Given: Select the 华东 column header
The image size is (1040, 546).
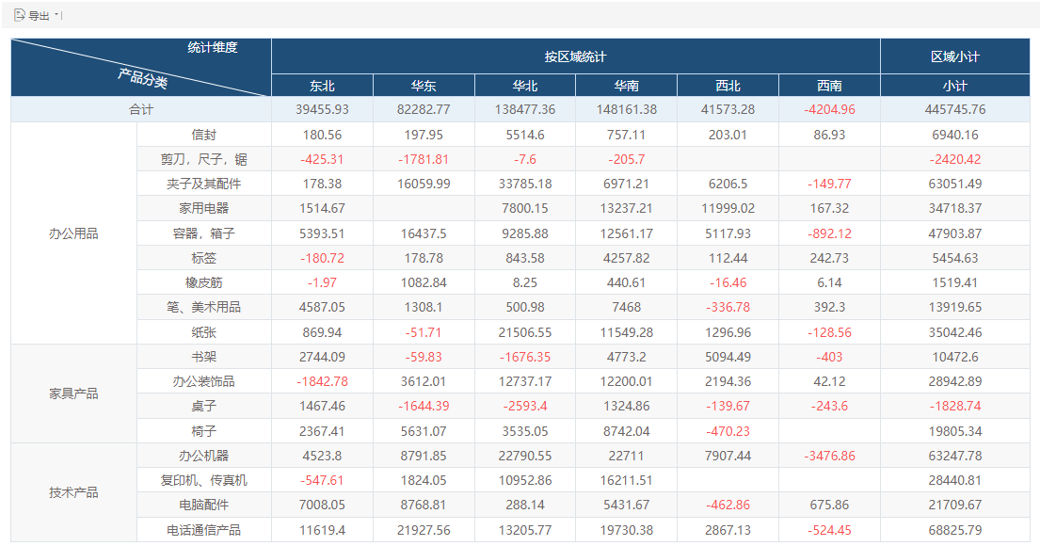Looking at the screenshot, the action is pos(424,86).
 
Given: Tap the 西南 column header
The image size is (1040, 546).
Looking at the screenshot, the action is pos(829,86).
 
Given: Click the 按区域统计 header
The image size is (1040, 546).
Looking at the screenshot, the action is pos(575,57).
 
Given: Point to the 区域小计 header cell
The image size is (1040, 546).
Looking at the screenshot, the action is pos(954,57).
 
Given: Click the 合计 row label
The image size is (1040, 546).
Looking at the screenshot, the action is pos(140,109).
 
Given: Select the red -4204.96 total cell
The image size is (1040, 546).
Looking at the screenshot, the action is pos(829,109).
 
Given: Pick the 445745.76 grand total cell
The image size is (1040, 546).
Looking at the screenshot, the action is pos(955,109).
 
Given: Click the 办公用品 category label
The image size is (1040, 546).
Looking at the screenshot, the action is pos(73,233).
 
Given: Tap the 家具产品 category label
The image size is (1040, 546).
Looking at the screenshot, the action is pos(73,393).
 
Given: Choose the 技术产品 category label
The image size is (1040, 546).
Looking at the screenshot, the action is pos(73,492).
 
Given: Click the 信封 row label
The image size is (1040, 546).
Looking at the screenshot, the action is pos(203,135).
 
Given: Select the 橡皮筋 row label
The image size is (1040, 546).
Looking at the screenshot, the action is pos(203,282).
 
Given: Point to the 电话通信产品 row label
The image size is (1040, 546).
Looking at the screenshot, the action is pos(203,530).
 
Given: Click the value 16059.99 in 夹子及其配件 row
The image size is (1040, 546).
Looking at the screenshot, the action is pos(424,184).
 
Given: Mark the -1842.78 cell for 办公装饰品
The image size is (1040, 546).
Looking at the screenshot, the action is pos(322,381).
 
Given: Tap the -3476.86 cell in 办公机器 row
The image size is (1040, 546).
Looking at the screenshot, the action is pos(829,456).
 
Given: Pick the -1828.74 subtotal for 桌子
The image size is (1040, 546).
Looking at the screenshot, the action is pos(955,406).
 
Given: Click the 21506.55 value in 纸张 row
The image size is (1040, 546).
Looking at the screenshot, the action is pos(525,332).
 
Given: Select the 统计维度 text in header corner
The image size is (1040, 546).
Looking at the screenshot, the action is pos(213,47).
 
